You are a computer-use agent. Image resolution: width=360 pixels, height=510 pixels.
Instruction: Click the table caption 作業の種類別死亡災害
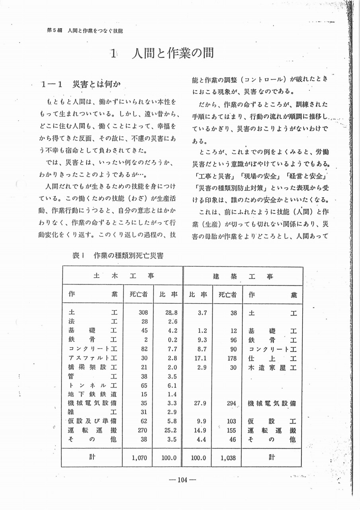pos(128,256)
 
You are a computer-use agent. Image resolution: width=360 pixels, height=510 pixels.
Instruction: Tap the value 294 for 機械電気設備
pos(231,403)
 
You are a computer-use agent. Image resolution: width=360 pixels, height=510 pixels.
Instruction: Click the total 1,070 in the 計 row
pos(140,458)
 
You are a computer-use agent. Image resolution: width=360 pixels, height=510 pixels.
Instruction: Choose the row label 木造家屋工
pos(272,367)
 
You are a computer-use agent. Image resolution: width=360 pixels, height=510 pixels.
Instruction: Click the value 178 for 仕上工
pos(231,358)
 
